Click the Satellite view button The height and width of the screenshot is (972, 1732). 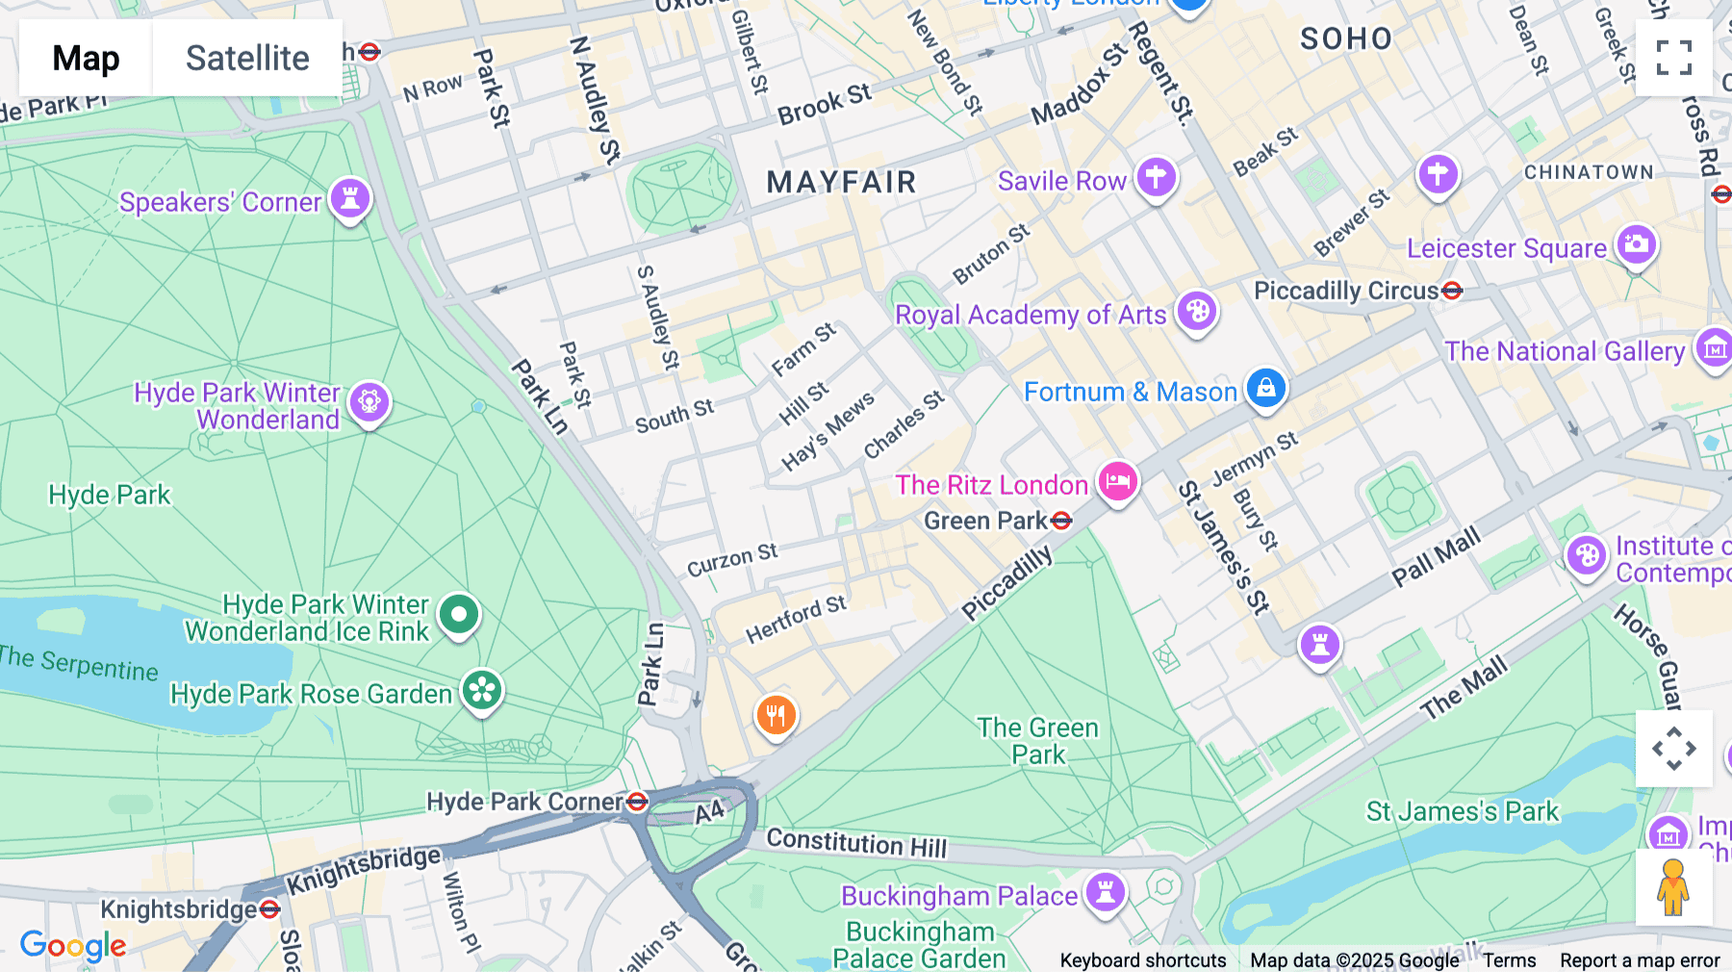[247, 58]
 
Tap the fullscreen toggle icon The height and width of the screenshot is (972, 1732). [1673, 58]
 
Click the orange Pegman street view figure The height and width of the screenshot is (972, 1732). [1673, 887]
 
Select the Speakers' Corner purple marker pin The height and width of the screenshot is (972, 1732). [350, 198]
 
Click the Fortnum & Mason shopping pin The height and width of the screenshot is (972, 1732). [1265, 388]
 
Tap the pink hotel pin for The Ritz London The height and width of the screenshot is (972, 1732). [1117, 480]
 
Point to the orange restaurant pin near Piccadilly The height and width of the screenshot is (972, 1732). [776, 715]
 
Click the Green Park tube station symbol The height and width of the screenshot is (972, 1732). [1061, 521]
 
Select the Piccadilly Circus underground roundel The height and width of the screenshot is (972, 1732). [1452, 290]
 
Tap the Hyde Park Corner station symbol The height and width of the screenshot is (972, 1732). [637, 802]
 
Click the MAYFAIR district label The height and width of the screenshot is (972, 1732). [841, 182]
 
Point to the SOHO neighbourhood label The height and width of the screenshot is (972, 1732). [1345, 38]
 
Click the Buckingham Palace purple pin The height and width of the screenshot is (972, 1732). [1106, 891]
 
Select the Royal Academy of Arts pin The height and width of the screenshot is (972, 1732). [1197, 311]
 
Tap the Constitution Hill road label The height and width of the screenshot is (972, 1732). [856, 843]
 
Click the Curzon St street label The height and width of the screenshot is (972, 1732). [731, 559]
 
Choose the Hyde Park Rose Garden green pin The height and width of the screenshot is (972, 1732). [482, 690]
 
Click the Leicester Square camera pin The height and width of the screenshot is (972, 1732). [1636, 244]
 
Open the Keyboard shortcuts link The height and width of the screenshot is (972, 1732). [1142, 960]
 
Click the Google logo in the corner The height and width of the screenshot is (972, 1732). [73, 946]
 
